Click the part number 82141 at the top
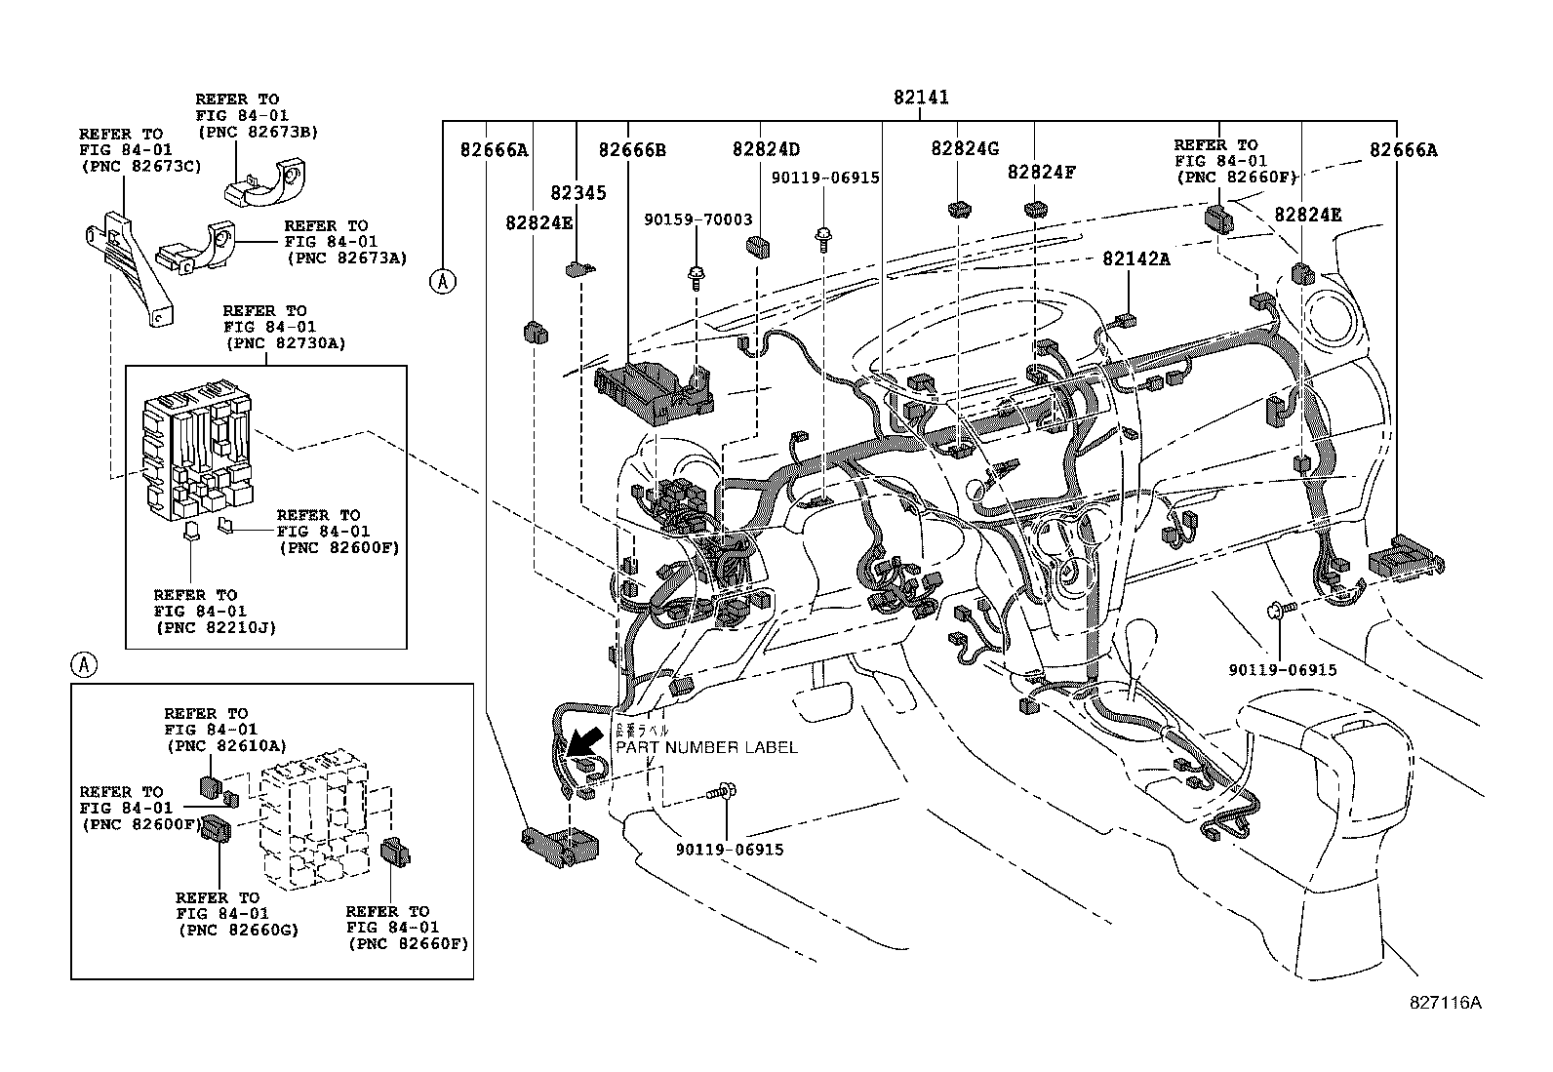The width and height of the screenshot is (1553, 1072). (x=921, y=98)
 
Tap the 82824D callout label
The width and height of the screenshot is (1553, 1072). (x=766, y=149)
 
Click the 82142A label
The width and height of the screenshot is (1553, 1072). (x=1136, y=258)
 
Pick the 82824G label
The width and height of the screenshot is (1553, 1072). (x=964, y=148)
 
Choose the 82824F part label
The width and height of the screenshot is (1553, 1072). (x=1041, y=172)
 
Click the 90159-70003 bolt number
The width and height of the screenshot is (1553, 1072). (x=697, y=220)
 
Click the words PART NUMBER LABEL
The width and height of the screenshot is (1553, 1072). (x=705, y=747)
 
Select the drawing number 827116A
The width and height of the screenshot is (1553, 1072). (x=1445, y=1002)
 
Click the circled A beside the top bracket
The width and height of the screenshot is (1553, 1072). (x=442, y=281)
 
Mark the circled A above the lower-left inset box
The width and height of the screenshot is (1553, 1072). (x=85, y=665)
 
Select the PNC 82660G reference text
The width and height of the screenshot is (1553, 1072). (x=238, y=930)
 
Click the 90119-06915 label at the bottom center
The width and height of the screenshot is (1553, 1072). (x=730, y=850)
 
